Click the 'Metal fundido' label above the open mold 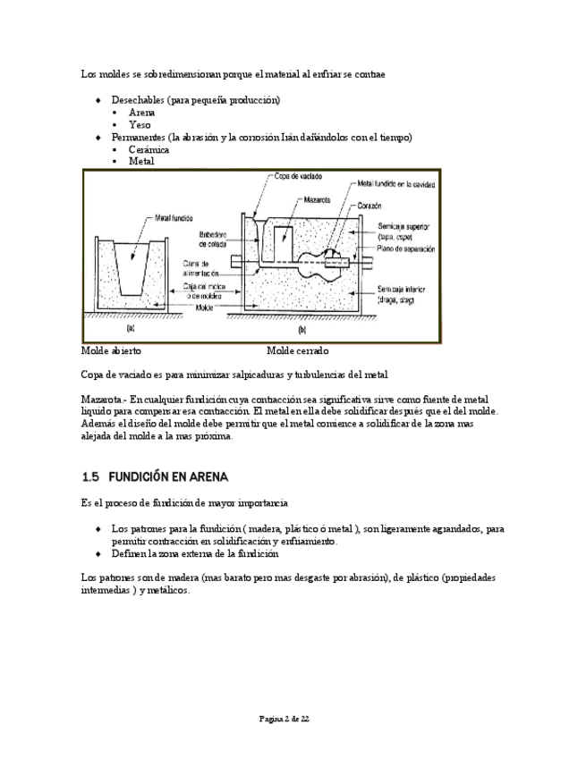tap(174, 217)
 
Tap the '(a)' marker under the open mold tap(131, 329)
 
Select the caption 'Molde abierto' tap(111, 350)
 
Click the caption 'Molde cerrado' tap(297, 350)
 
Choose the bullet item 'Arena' tap(141, 114)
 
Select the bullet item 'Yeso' tap(140, 125)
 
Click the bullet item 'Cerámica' tap(149, 149)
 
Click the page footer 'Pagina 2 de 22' tap(285, 719)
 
